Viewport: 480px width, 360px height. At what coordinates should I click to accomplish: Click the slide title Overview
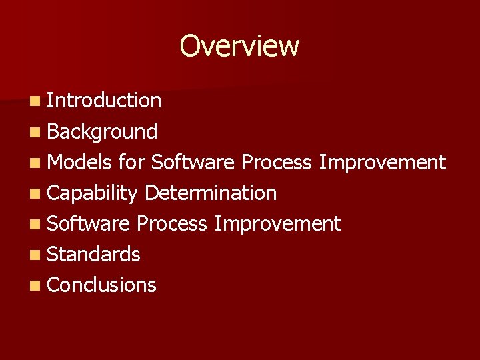239,47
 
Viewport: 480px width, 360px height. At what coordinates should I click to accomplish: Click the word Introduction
104,101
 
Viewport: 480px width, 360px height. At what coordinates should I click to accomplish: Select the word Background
102,132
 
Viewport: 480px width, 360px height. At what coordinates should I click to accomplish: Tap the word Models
80,162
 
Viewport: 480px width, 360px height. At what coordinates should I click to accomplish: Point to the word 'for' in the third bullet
131,162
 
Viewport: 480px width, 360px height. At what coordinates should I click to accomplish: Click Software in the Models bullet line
193,162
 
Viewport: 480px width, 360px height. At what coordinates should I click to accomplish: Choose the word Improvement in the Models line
382,162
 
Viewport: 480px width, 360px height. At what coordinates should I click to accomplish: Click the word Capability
93,193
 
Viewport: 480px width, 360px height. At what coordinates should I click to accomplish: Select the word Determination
210,193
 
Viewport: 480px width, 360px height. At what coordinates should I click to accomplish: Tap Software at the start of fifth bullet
89,223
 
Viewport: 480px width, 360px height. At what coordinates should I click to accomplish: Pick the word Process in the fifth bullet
172,223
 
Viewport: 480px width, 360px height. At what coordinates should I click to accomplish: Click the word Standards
94,254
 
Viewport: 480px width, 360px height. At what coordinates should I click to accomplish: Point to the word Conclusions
102,285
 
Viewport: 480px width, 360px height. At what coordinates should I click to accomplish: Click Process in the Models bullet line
276,162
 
